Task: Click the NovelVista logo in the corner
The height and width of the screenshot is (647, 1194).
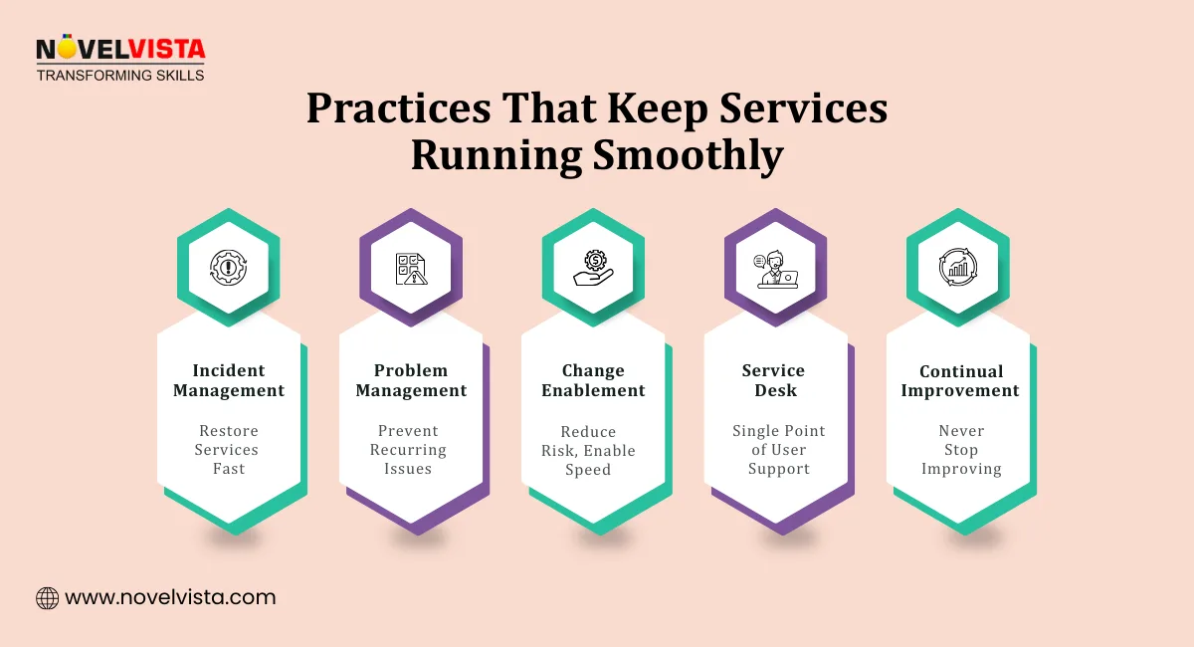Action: point(119,59)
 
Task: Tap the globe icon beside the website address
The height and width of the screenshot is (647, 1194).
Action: point(47,598)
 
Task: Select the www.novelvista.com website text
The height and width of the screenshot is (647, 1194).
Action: point(170,598)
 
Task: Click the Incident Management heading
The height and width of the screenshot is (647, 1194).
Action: point(229,380)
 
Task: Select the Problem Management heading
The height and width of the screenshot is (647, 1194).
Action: point(411,380)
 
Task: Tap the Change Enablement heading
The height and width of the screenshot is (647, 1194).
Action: point(593,380)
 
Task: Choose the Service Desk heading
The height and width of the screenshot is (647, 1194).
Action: point(775,380)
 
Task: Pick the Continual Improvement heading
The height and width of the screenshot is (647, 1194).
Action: point(960,380)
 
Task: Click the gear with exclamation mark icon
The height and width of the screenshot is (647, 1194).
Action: point(229,268)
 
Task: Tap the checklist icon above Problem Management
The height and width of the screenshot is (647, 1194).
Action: point(411,268)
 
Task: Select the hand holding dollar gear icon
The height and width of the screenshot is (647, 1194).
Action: point(593,268)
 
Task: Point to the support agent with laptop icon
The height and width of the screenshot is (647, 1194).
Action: point(775,268)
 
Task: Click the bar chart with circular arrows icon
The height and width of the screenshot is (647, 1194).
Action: point(958,268)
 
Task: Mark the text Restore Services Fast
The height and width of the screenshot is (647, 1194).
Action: point(229,450)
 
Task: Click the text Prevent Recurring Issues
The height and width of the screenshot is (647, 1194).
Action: point(409,450)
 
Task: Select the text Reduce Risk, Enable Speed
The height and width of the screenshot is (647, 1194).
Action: point(589,451)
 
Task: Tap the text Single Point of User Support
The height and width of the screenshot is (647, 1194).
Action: point(779,450)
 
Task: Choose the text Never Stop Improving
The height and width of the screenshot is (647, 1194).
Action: point(961,450)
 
